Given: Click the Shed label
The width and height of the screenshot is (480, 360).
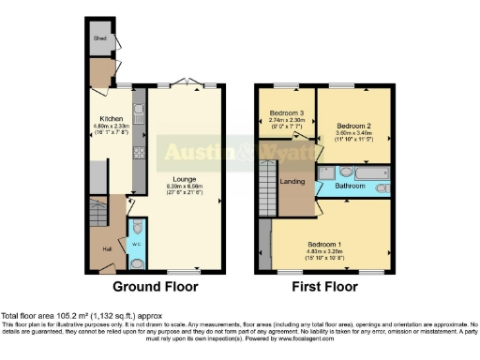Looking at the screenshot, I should pos(99,38).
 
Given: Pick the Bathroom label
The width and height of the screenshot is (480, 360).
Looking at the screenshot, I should pos(352,186).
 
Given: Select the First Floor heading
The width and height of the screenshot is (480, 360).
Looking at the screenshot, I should pos(326,286).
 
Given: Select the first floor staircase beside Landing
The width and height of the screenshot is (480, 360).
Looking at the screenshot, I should pos(266,178).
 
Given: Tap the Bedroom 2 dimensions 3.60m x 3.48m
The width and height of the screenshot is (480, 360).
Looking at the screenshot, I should pos(349,133).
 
